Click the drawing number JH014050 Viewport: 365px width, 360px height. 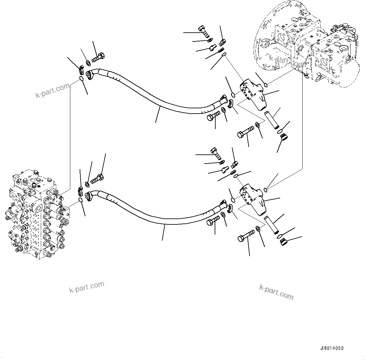332,348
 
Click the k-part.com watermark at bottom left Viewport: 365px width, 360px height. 86,287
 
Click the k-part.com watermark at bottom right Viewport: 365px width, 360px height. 276,292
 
